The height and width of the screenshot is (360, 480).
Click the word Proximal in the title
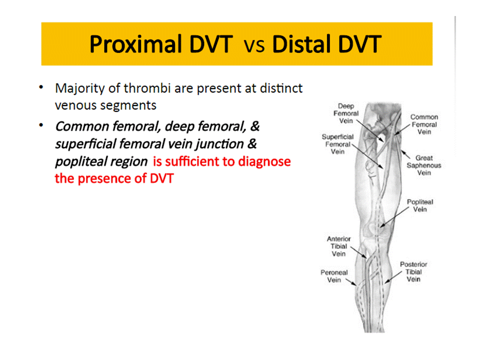135,45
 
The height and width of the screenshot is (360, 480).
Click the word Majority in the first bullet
76,88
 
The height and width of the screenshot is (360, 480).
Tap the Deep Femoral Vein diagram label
345,113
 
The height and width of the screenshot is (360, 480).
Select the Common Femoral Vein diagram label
423,124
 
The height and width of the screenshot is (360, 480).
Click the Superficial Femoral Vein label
337,144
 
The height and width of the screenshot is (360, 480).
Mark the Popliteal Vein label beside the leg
419,205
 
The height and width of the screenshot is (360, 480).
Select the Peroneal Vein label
334,276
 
